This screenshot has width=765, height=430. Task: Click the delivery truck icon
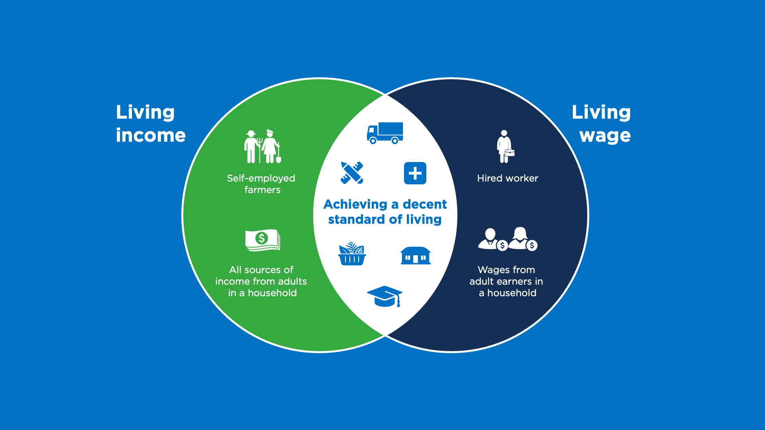pos(385,133)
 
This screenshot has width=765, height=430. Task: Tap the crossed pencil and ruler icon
pos(352,173)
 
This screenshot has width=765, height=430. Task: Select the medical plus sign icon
pos(415,173)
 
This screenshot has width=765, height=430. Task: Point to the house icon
pos(415,256)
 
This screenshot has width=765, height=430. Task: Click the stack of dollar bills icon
pos(263,240)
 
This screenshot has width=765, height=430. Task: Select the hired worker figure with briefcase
pos(504,146)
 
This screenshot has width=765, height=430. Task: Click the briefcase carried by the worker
pos(510,152)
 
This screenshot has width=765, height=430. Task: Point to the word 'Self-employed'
pos(261,178)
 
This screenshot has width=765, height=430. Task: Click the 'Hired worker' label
pos(507,178)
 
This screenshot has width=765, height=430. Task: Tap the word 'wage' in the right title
pos(605,135)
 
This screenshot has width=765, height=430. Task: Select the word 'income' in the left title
pos(151,135)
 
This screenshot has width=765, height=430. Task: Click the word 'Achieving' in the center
pos(355,205)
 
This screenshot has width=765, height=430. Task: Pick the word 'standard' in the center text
pos(356,219)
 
